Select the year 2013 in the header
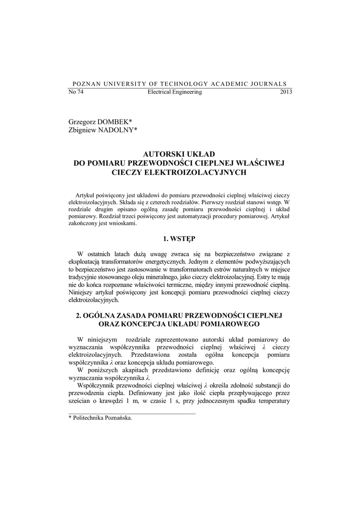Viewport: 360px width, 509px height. [286, 92]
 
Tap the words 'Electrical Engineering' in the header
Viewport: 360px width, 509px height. [175, 92]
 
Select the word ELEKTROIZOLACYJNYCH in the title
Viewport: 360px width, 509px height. [199, 171]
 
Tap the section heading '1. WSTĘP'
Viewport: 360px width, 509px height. [180, 239]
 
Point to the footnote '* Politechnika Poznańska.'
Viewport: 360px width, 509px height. [100, 419]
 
